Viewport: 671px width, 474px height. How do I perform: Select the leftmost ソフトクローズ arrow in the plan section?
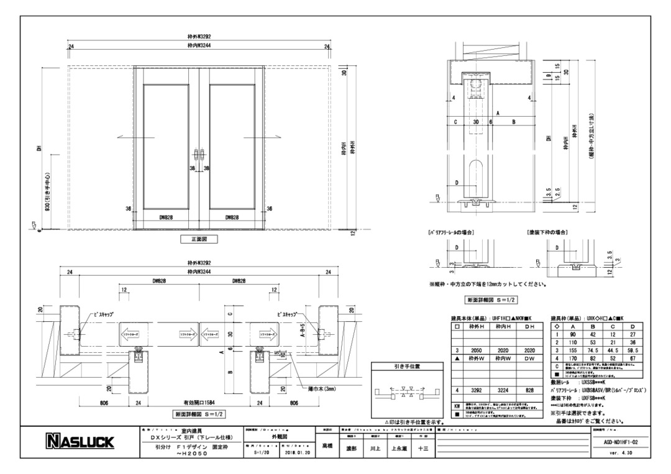(x=133, y=333)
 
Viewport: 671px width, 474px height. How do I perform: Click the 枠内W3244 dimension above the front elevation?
(x=199, y=45)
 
